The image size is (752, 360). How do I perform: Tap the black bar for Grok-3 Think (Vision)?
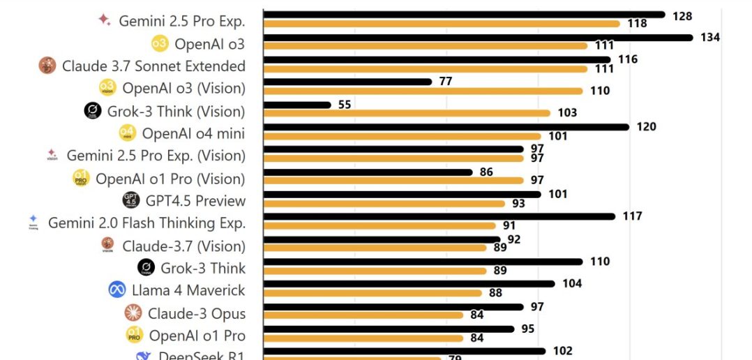point(297,105)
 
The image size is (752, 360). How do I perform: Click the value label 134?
point(710,37)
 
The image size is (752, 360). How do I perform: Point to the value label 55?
point(345,105)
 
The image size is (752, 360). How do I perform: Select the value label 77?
point(446,82)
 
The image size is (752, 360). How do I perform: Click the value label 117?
point(632,216)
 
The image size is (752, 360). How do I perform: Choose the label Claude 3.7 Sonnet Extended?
point(153,66)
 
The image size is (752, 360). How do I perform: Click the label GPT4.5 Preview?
point(195,201)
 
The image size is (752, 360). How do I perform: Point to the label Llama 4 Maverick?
point(188,290)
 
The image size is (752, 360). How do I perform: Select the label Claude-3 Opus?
point(197,313)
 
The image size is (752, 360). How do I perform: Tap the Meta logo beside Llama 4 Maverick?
point(117,290)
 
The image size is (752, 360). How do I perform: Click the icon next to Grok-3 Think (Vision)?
point(93,111)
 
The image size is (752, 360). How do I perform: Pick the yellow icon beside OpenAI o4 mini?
point(126,133)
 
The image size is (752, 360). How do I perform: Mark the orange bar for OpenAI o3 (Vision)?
point(423,91)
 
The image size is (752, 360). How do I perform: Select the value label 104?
point(572,283)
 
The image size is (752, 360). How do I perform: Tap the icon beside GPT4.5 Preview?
point(130,200)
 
